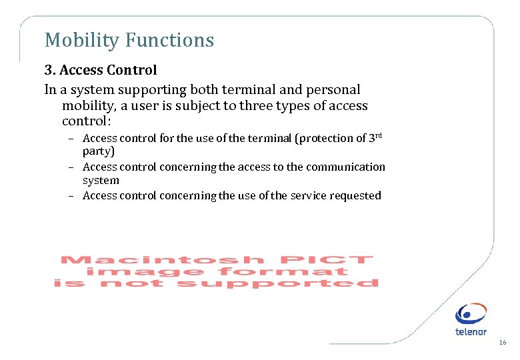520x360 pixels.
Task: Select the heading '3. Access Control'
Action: click(x=101, y=70)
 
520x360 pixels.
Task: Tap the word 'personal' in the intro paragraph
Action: click(x=331, y=89)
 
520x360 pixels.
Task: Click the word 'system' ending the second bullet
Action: click(x=101, y=180)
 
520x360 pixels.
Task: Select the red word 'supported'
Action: click(x=278, y=283)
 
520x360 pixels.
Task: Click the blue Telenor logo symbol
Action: click(x=471, y=314)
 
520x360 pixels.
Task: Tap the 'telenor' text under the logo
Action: click(x=471, y=331)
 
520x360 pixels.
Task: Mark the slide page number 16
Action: click(x=502, y=343)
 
